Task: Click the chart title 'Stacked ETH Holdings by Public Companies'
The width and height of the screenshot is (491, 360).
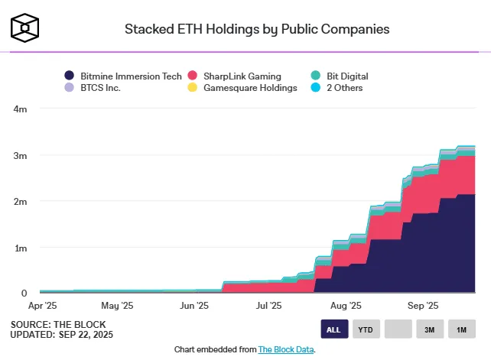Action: [257, 30]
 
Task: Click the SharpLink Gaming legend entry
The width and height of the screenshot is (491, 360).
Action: [233, 76]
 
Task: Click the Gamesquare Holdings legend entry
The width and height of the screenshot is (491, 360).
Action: [242, 88]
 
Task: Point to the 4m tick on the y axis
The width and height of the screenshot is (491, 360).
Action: [21, 109]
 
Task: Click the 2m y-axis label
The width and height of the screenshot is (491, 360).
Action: [21, 202]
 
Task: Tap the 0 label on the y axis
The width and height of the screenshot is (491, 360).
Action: [24, 294]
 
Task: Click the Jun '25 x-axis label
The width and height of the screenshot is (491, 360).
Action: [194, 306]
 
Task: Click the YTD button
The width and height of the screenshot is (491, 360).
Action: [366, 329]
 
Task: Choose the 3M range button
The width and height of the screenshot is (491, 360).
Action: [430, 329]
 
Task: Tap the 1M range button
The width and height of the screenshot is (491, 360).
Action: [461, 329]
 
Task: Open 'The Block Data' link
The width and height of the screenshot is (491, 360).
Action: [286, 349]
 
